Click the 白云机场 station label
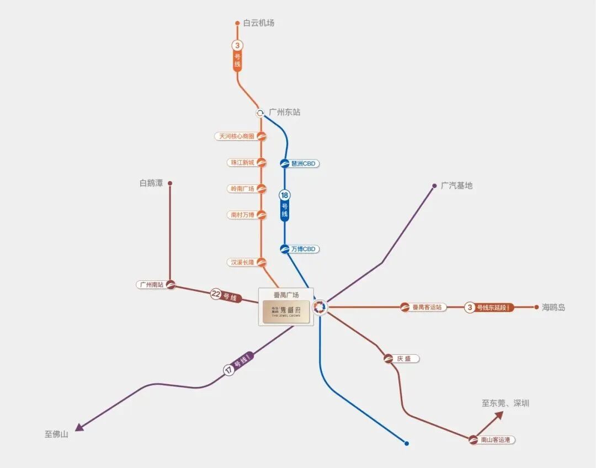tap(258, 23)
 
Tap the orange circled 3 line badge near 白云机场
tap(237, 45)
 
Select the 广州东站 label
tap(284, 112)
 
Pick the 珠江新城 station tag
tap(243, 162)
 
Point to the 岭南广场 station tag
tap(243, 189)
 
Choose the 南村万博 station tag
tap(243, 215)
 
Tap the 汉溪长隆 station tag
tap(243, 263)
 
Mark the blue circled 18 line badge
tap(285, 195)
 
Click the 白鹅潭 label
tap(151, 183)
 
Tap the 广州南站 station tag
tap(152, 285)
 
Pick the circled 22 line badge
tap(216, 294)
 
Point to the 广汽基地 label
tap(456, 186)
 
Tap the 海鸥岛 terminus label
tap(554, 307)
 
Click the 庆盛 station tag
tap(405, 359)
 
